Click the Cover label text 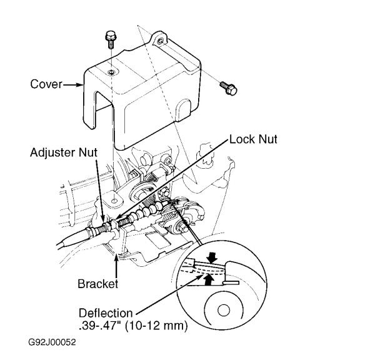tap(46, 84)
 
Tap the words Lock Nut tap(253, 139)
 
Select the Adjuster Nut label tap(64, 152)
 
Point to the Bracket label tap(98, 284)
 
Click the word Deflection tap(106, 313)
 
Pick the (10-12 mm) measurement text tap(156, 326)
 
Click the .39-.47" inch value tap(101, 326)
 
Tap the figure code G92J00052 tap(52, 342)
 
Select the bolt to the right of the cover tap(228, 88)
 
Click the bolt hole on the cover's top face tap(111, 72)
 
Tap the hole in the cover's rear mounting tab tap(161, 41)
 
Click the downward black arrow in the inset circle tap(212, 257)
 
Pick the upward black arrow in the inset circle tap(210, 280)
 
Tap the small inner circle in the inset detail tap(224, 310)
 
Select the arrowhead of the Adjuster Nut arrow tap(103, 219)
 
